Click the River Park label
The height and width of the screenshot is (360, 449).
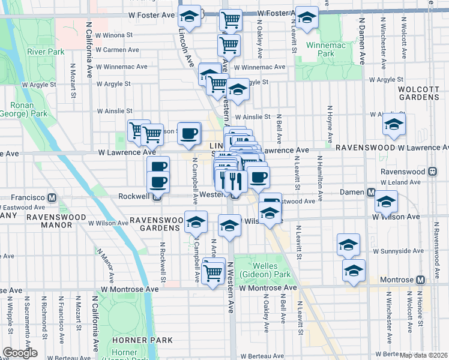point(46,52)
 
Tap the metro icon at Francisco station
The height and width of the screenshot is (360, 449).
point(52,197)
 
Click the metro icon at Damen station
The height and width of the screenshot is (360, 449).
point(371,193)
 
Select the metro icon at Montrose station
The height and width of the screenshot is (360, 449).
point(420,280)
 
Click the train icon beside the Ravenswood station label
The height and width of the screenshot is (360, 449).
point(432,170)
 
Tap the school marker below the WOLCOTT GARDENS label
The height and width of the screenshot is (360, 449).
point(394,124)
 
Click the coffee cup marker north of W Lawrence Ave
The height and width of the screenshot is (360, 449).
point(189,133)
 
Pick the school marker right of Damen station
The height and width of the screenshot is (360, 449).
point(386,201)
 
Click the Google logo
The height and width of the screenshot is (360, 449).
point(20,353)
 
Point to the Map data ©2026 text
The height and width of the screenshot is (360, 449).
point(424,355)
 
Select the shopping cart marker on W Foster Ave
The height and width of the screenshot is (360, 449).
point(231,20)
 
